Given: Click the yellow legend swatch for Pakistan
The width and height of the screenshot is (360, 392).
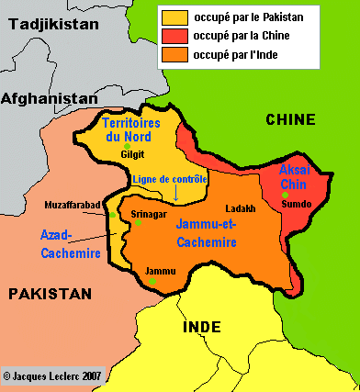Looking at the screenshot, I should pyautogui.click(x=174, y=17).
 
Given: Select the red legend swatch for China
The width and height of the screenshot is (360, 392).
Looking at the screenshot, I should pyautogui.click(x=174, y=35).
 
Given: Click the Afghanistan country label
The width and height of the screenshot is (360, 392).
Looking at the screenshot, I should pyautogui.click(x=50, y=98).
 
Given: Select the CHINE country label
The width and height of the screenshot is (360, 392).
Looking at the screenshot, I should pyautogui.click(x=290, y=119).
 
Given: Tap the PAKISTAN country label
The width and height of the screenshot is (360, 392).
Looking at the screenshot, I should pyautogui.click(x=51, y=294).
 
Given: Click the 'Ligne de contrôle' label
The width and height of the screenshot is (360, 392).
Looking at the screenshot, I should pyautogui.click(x=170, y=180).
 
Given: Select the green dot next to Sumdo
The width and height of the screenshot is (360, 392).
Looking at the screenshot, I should pyautogui.click(x=287, y=195).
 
